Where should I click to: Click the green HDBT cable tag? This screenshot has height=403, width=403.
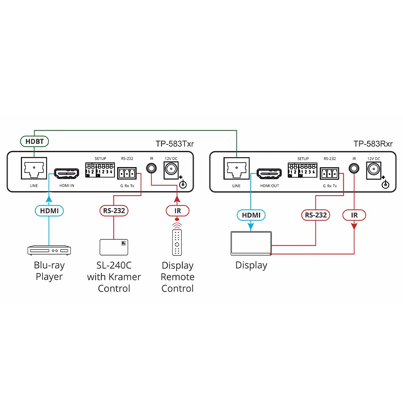tap(34, 141)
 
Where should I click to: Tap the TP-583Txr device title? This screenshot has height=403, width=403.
tap(175, 144)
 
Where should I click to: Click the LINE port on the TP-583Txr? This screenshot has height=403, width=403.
tap(34, 169)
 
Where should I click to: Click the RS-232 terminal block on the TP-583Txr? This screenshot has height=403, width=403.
tap(127, 173)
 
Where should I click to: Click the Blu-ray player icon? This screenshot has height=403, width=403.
tap(49, 250)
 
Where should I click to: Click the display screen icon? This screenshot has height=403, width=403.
tap(251, 243)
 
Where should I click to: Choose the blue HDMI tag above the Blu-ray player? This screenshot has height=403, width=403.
tap(49, 211)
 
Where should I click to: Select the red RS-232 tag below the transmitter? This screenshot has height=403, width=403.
tap(114, 211)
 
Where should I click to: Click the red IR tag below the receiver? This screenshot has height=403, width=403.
tap(354, 215)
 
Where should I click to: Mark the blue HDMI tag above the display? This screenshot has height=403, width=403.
tap(251, 215)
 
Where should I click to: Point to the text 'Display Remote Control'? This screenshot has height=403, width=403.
tap(178, 277)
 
